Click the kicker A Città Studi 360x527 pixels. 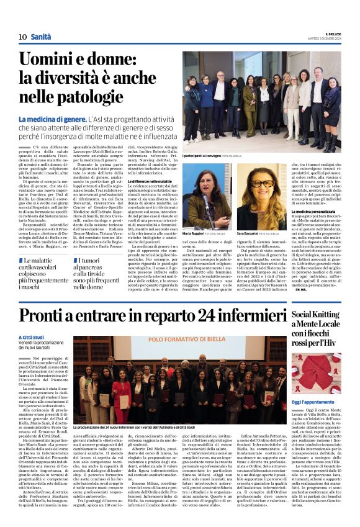tap(32, 337)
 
